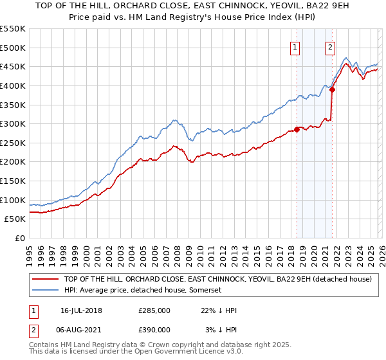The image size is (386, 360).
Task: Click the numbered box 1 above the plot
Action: point(295,46)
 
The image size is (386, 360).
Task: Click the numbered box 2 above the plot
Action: point(330,46)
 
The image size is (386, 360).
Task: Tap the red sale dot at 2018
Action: point(297,129)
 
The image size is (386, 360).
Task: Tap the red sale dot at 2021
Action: point(332,89)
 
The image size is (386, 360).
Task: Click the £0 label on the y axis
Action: point(20,238)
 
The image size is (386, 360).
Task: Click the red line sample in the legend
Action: point(46,280)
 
